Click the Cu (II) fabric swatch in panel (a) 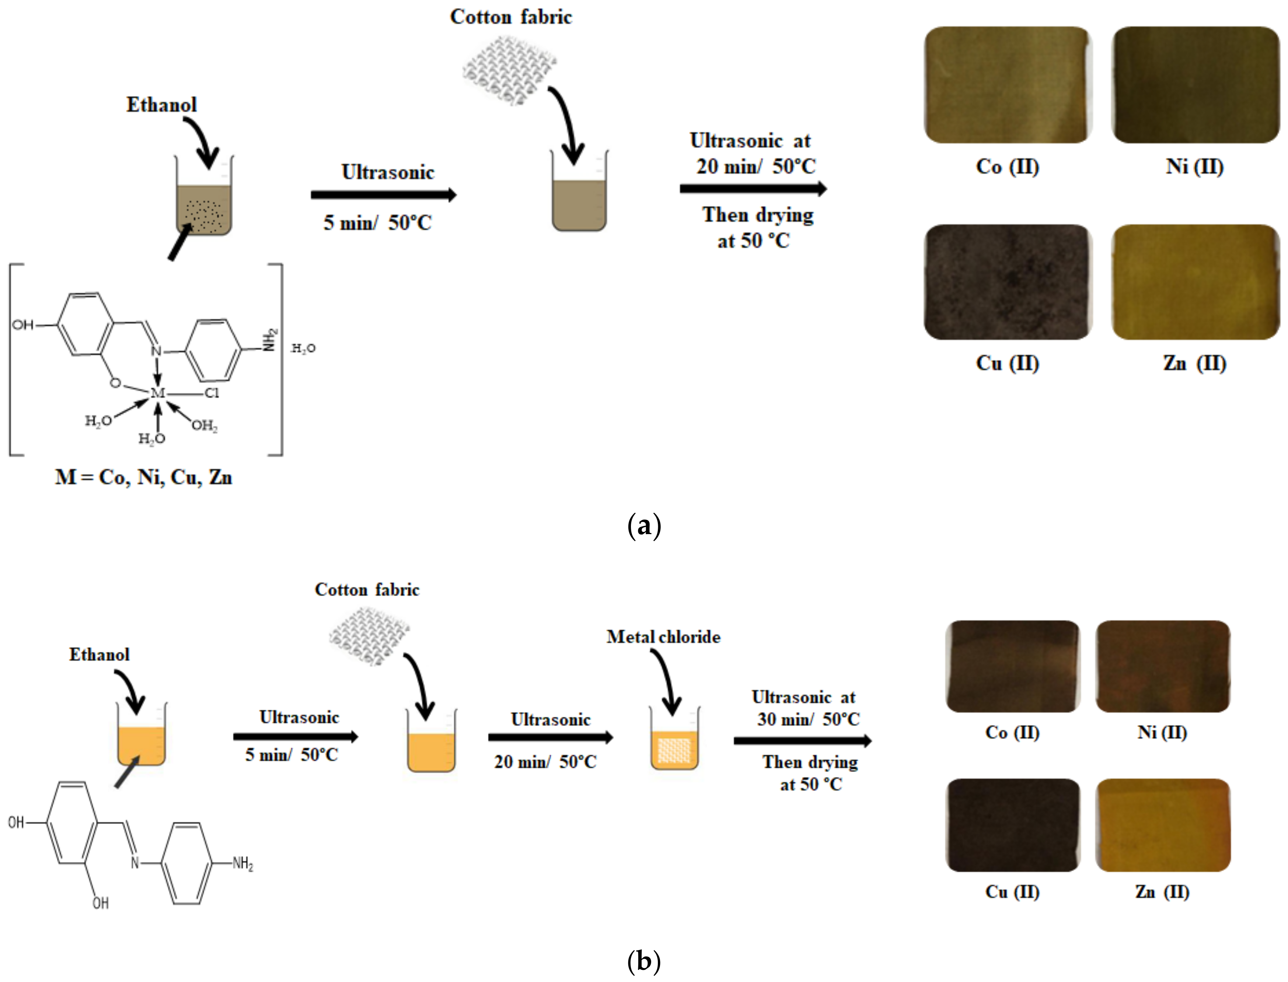pyautogui.click(x=1007, y=282)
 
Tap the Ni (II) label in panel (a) pyautogui.click(x=1194, y=166)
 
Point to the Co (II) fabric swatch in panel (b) pyautogui.click(x=1012, y=666)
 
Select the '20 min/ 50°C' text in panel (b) pyautogui.click(x=545, y=762)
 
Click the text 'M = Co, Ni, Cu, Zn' pyautogui.click(x=144, y=478)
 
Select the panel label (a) pyautogui.click(x=644, y=526)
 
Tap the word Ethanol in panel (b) pyautogui.click(x=100, y=654)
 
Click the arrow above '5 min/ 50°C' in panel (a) pyautogui.click(x=384, y=195)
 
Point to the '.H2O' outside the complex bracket pyautogui.click(x=303, y=348)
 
